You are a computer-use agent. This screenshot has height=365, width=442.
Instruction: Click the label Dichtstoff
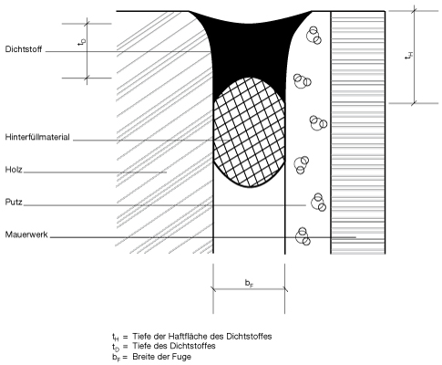(24, 49)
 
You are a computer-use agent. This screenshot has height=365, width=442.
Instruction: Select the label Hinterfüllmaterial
(37, 137)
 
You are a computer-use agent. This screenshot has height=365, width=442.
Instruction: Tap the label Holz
(14, 169)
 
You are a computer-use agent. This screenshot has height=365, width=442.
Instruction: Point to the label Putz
(14, 202)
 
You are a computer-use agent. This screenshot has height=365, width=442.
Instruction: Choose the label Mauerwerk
(26, 235)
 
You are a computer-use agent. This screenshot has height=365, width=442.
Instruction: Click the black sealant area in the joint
(249, 52)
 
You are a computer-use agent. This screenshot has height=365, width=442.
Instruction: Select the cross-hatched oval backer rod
(250, 132)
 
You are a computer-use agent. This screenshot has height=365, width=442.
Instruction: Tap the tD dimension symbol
(81, 42)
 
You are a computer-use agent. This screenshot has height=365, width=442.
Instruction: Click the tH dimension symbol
(409, 56)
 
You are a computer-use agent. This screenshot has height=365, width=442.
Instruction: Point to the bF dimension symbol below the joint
(249, 283)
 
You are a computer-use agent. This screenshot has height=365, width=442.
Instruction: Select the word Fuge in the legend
(182, 356)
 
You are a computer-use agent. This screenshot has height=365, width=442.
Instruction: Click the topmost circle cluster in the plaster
(314, 35)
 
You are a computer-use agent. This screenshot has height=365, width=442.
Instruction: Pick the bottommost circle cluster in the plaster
(303, 236)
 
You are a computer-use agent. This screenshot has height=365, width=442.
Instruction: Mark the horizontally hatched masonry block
(358, 132)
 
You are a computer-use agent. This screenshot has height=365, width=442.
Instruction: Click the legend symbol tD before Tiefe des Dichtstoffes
(116, 347)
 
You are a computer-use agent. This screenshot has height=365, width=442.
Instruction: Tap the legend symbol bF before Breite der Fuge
(116, 357)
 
